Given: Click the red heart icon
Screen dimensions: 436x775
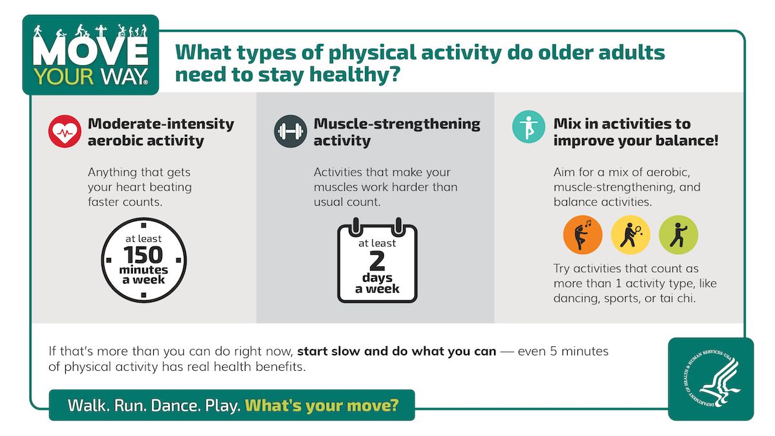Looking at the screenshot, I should (x=64, y=132).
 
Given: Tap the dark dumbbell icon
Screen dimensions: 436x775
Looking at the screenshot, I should (x=290, y=132).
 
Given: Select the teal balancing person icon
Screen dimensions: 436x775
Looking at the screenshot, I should (x=528, y=126).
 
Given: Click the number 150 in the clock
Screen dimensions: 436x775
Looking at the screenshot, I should (x=143, y=254).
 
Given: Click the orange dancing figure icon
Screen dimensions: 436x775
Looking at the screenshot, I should (x=583, y=235).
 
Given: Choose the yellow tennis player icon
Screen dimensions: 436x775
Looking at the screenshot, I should (x=630, y=235).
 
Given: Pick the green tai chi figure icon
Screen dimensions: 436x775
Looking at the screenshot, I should (x=678, y=235).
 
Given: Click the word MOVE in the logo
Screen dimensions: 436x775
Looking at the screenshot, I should (x=90, y=53).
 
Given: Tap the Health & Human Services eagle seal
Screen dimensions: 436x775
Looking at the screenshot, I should (x=710, y=379).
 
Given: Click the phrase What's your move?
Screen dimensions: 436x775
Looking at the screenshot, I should (x=322, y=406).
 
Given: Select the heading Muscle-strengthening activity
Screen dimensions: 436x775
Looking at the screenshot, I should (x=397, y=132).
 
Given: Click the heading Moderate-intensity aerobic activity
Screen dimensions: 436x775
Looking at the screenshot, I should (x=161, y=132).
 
